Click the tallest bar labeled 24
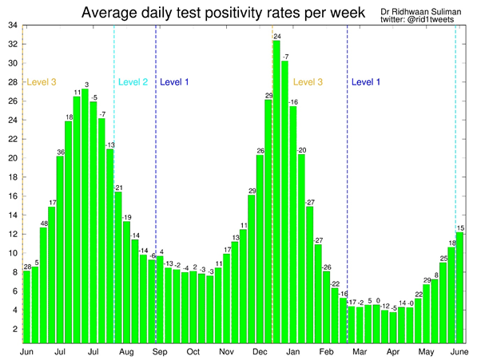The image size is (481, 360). click(x=276, y=192)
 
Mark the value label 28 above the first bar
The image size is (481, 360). click(x=27, y=267)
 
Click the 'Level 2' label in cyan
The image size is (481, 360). click(x=133, y=81)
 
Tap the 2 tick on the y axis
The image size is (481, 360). click(x=14, y=329)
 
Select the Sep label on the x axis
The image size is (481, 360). click(x=160, y=351)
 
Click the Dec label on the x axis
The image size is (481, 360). click(x=260, y=351)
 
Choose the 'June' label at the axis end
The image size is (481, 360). click(x=459, y=351)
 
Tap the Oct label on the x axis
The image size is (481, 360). click(x=193, y=351)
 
